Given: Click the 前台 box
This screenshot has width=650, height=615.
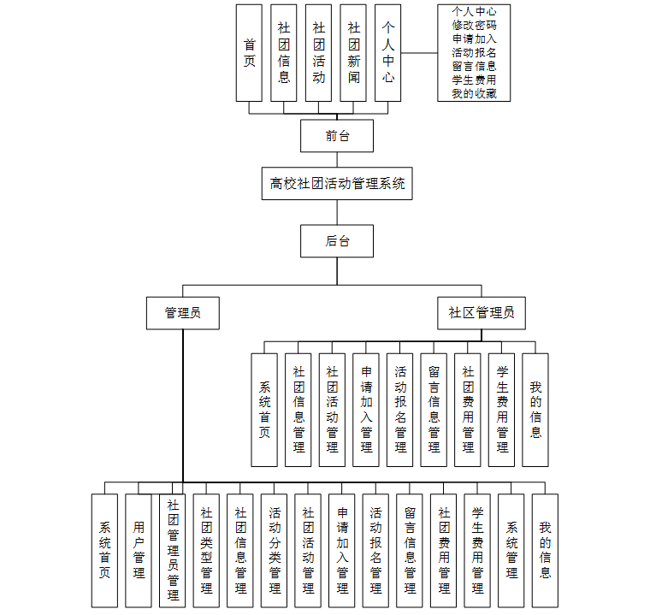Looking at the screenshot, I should (337, 135).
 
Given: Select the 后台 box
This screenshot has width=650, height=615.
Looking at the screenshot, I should (337, 240).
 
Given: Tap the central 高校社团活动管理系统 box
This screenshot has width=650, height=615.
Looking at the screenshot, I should (337, 183).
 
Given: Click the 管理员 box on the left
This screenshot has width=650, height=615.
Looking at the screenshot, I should (183, 313).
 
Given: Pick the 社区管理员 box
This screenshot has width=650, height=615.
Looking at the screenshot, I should (482, 313).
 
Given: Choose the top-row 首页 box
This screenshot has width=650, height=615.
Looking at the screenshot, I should (249, 53).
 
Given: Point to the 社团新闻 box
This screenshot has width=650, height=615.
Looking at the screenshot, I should (353, 53).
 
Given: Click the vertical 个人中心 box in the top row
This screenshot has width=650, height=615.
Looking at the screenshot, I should (388, 53).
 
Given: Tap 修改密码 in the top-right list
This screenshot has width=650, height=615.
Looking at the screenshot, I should (474, 25).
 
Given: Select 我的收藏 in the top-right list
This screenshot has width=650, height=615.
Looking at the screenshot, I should (474, 93).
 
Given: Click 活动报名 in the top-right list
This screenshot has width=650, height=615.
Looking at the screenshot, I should (474, 52).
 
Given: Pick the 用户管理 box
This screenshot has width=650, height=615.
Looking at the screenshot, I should (139, 549).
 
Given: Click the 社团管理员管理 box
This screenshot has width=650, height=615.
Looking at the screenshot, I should (173, 549).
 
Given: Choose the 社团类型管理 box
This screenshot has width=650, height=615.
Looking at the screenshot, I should (206, 549).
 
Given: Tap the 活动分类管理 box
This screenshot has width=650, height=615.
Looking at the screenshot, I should (275, 549).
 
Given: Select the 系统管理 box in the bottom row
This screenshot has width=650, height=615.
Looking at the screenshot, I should (511, 549).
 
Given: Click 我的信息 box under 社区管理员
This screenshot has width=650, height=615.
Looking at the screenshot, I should (535, 410).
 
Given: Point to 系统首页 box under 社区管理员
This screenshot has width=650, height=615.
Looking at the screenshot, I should (264, 410).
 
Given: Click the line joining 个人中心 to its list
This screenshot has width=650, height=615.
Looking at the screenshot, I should (419, 53).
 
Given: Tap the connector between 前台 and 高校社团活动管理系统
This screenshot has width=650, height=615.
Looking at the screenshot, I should (337, 159).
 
